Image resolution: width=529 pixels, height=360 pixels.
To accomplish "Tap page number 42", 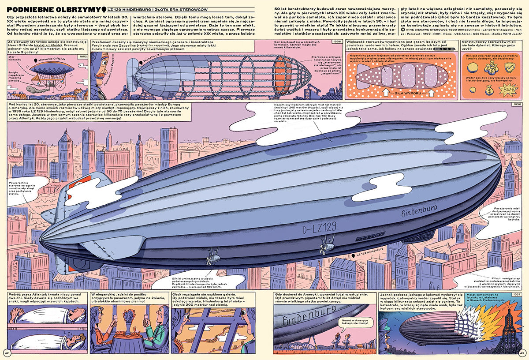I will [7, 352].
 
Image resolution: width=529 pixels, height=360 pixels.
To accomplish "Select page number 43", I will [522, 352].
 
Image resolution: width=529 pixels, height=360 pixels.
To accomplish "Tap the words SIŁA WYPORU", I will [402, 93].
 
